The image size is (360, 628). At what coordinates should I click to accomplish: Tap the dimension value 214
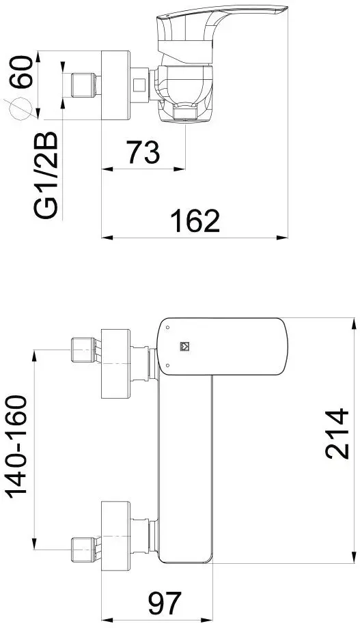pyautogui.click(x=337, y=433)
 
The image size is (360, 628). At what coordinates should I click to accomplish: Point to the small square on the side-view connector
pyautogui.click(x=139, y=85)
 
